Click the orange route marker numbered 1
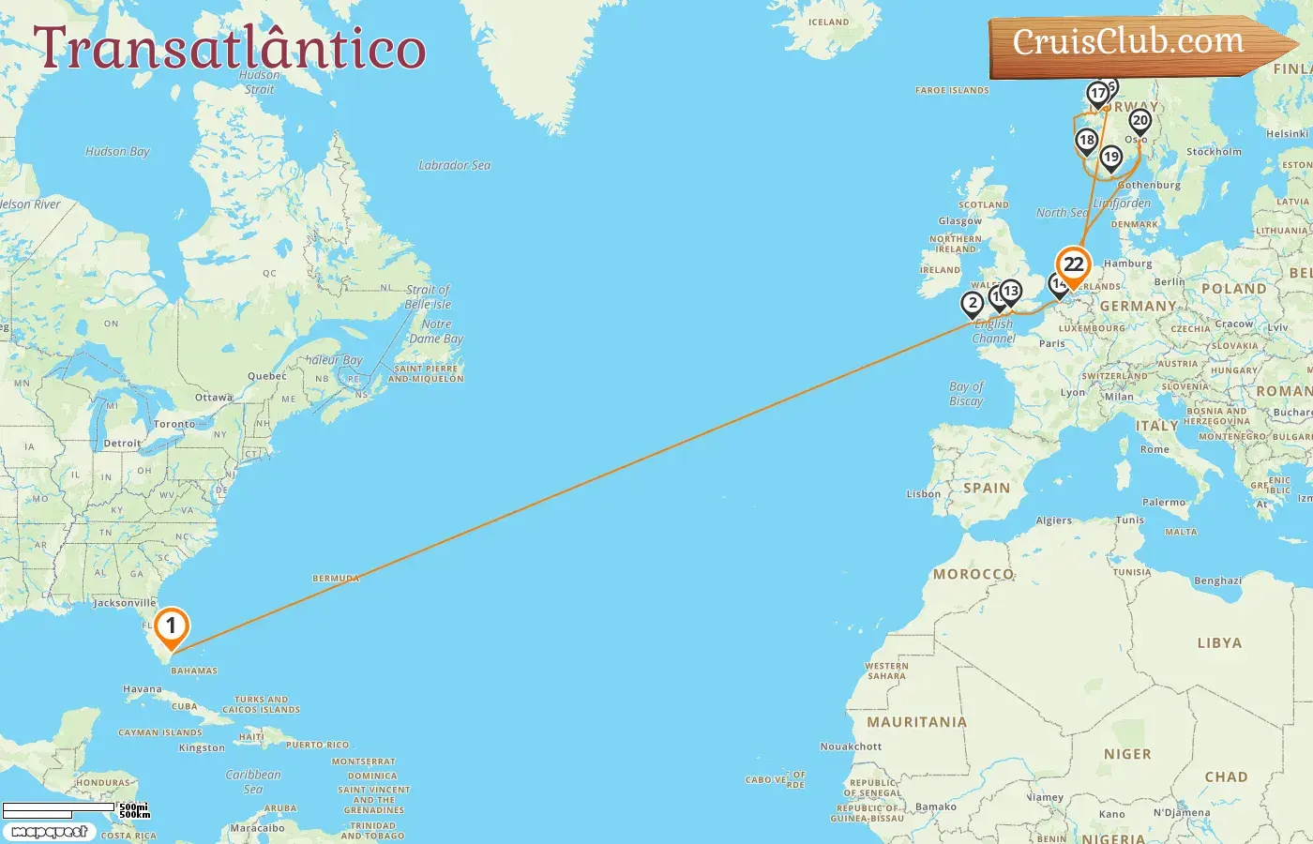tap(171, 626)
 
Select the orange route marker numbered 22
tap(1073, 265)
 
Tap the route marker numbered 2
tap(973, 303)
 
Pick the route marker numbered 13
tap(1010, 292)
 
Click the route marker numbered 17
tap(1097, 94)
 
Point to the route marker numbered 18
tap(1086, 141)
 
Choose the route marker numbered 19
tap(1111, 157)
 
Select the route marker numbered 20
tap(1140, 121)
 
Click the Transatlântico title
tap(230, 49)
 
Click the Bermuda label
tap(336, 579)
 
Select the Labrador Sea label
tap(455, 165)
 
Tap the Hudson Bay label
tap(117, 152)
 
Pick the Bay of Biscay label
tap(966, 394)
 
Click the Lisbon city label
tap(923, 494)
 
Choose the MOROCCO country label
tap(973, 574)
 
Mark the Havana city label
tap(143, 689)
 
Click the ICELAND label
tap(828, 23)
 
